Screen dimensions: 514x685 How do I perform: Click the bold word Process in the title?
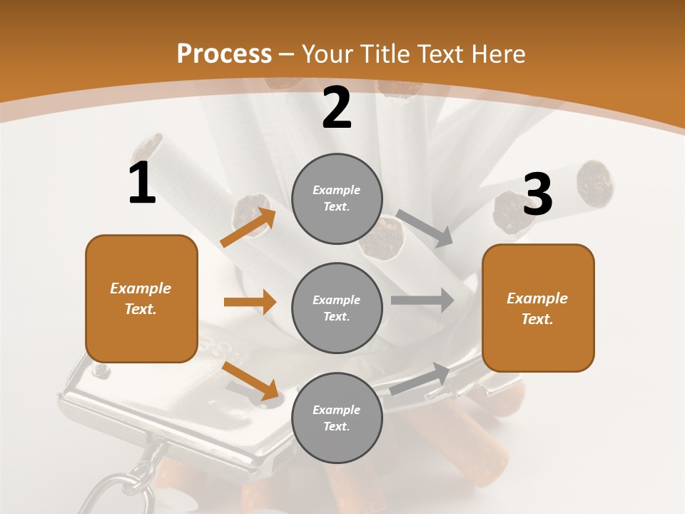(x=224, y=54)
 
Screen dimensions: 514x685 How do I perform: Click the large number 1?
(x=142, y=183)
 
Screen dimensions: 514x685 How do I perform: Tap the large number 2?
(x=337, y=108)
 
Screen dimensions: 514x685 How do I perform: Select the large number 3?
(x=537, y=195)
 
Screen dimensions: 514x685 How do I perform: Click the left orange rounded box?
(x=141, y=298)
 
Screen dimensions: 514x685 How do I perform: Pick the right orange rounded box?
(x=538, y=308)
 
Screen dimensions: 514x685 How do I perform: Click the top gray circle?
(x=337, y=198)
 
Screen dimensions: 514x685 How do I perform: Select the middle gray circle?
(x=337, y=308)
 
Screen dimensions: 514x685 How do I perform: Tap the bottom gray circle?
(x=337, y=418)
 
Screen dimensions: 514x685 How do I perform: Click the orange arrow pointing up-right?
(x=248, y=227)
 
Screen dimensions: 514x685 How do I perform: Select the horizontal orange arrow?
(x=250, y=302)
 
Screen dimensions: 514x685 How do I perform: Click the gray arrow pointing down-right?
(x=424, y=228)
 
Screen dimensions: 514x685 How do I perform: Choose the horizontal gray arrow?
(x=422, y=300)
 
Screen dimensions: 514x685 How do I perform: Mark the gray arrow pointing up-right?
(x=420, y=378)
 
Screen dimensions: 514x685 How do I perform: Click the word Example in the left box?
(x=141, y=288)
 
